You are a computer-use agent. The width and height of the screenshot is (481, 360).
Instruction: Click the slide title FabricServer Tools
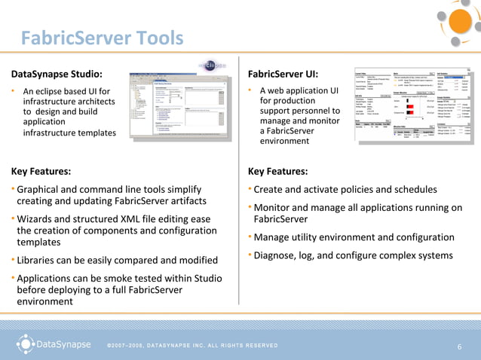point(102,37)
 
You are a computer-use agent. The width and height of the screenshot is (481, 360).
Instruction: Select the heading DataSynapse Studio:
point(57,74)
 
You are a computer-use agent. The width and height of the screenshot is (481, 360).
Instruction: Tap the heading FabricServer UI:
point(283,74)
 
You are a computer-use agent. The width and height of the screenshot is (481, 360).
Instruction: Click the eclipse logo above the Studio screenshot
point(212,65)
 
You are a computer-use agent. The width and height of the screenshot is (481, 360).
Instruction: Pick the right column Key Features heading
point(277,171)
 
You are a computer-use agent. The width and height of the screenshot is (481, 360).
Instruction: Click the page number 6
point(459,346)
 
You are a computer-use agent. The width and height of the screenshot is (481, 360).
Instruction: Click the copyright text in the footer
point(192,346)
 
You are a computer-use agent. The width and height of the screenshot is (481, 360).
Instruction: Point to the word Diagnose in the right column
point(278,255)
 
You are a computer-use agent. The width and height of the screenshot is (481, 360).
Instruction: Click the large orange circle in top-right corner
point(461,22)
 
